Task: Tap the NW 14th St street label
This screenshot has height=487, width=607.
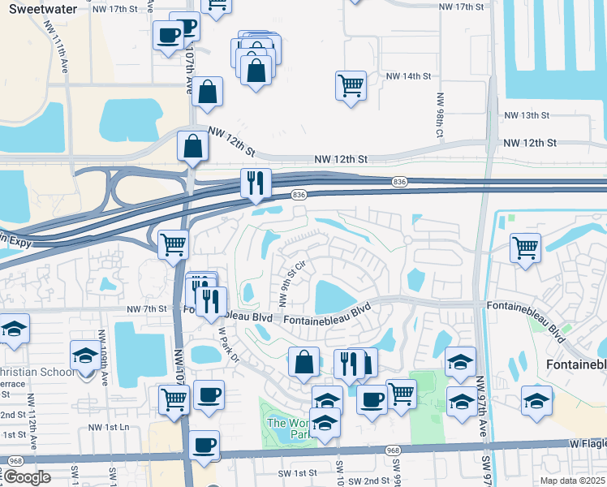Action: coord(407,76)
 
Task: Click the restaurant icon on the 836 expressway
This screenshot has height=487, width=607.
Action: coord(256,183)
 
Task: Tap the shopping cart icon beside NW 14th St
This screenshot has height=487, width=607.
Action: coord(351,85)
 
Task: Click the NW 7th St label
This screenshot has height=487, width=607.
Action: coord(146,309)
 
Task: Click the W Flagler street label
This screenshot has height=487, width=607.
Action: coord(586,444)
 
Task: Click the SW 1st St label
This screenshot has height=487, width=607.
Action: coord(296,473)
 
